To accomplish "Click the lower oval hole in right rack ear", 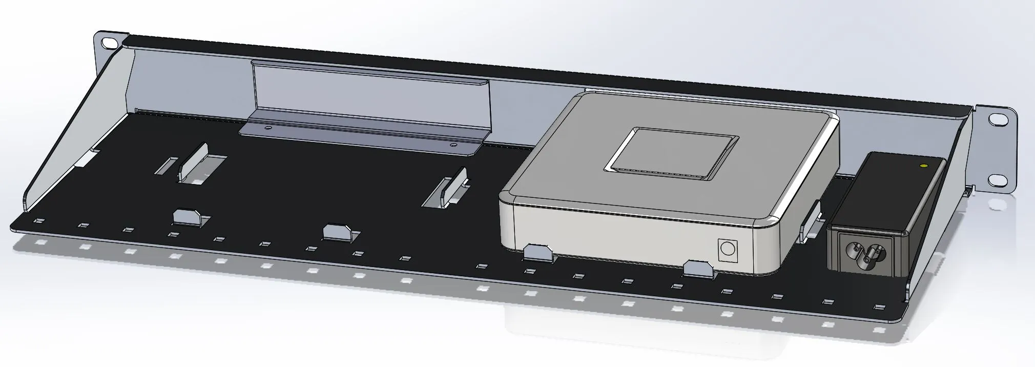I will (997, 180).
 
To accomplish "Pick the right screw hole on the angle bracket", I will (452, 146).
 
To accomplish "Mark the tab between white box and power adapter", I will (812, 221).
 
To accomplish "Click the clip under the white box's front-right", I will (698, 268).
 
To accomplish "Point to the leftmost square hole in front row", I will (38, 220).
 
